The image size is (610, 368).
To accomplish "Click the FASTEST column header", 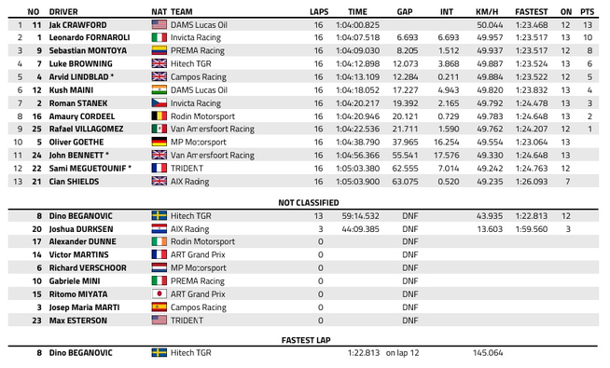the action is tap(531, 10).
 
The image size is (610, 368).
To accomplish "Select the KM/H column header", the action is tap(489, 10).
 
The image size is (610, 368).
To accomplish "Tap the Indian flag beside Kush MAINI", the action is tap(158, 89).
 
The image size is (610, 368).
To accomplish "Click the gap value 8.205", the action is tap(406, 49).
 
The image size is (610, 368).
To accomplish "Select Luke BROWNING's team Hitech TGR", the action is tap(191, 62).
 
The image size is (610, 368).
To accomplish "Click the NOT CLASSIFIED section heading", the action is tap(304, 201).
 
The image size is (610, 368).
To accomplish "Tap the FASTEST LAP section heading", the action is tap(304, 340).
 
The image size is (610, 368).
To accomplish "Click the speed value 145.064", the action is tap(488, 353).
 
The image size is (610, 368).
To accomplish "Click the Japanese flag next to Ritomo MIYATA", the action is tap(158, 293).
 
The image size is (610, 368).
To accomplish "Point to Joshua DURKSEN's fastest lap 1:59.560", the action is tap(531, 227).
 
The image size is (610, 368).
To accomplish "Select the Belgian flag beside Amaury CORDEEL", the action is tap(158, 116).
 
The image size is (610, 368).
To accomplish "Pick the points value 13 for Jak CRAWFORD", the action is tap(589, 23).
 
